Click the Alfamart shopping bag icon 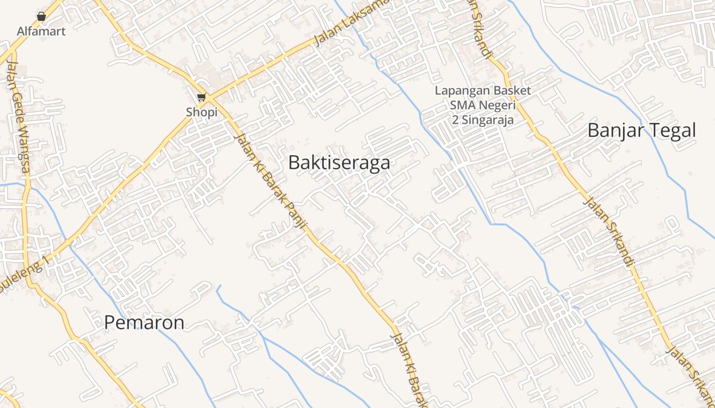(41, 16)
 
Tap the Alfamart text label (41, 31)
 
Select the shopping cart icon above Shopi (202, 97)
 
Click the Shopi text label (202, 112)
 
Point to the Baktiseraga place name (339, 163)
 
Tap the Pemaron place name (144, 322)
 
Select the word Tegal (671, 131)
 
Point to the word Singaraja (489, 120)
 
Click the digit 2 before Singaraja (456, 120)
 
